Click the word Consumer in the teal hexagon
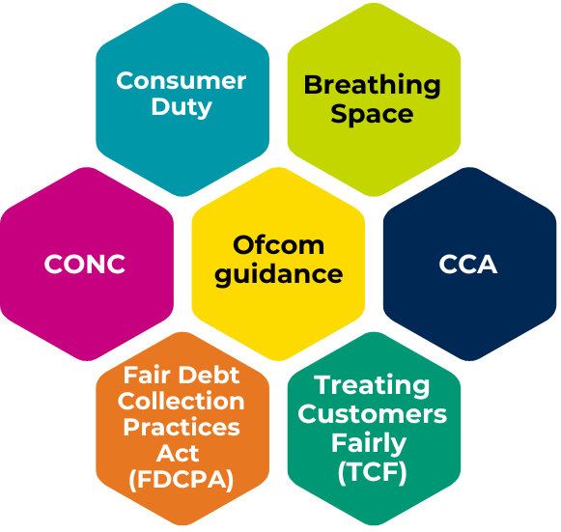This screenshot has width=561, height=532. point(181,81)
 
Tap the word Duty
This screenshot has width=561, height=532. point(182,107)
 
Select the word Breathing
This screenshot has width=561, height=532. point(372,86)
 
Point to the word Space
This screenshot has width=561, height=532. point(372,115)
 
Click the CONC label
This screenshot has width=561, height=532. point(85,264)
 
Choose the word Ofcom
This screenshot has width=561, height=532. point(278,245)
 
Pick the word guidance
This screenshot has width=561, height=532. point(279,275)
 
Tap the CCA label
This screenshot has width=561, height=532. point(468,264)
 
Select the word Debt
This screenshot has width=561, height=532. point(209,376)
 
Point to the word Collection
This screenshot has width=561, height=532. point(181,401)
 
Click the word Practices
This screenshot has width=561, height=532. point(182,427)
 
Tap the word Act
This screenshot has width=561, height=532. point(178,453)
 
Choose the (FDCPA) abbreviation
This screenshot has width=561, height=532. point(181,480)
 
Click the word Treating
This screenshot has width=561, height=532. point(372,385)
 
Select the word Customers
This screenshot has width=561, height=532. point(372,414)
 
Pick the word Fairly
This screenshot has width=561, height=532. point(369,443)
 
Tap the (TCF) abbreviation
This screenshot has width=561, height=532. point(372,472)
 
